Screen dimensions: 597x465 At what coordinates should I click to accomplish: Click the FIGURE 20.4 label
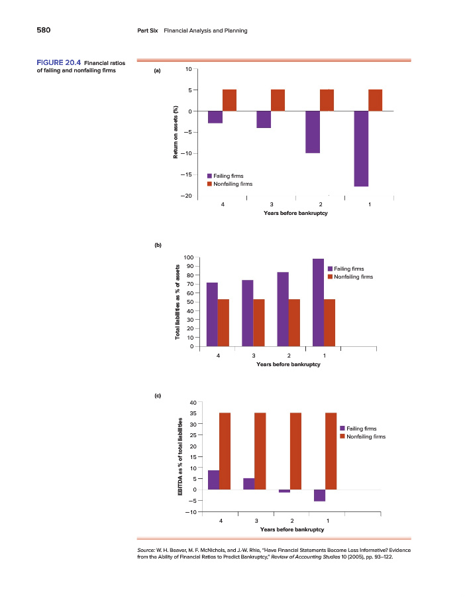[x=58, y=63]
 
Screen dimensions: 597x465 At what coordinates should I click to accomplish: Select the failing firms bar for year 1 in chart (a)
[x=361, y=149]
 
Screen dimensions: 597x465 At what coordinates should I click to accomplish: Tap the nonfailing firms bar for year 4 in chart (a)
[x=229, y=100]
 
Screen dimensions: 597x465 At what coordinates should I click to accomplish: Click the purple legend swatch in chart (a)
[x=209, y=176]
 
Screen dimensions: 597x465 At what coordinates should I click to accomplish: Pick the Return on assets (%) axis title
[x=176, y=132]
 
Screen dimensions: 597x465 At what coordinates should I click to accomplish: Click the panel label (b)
[x=158, y=245]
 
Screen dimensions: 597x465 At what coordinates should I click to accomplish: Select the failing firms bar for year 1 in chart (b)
[x=318, y=302]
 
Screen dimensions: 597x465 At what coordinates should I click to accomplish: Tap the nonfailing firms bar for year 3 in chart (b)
[x=259, y=323]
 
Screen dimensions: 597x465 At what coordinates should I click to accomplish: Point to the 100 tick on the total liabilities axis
[x=188, y=257]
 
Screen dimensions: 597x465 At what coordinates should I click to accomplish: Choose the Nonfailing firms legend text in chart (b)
[x=354, y=277]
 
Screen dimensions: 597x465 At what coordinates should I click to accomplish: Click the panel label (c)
[x=158, y=396]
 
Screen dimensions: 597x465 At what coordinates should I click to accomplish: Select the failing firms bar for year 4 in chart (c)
[x=213, y=480]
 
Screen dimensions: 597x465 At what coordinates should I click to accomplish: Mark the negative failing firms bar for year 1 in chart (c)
[x=319, y=495]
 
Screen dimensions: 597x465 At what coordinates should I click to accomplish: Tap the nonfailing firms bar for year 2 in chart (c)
[x=295, y=451]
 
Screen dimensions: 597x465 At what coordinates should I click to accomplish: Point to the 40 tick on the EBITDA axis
[x=191, y=403]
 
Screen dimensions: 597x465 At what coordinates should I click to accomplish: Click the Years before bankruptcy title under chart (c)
[x=292, y=529]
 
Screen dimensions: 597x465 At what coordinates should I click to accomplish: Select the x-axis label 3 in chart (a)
[x=272, y=204]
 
